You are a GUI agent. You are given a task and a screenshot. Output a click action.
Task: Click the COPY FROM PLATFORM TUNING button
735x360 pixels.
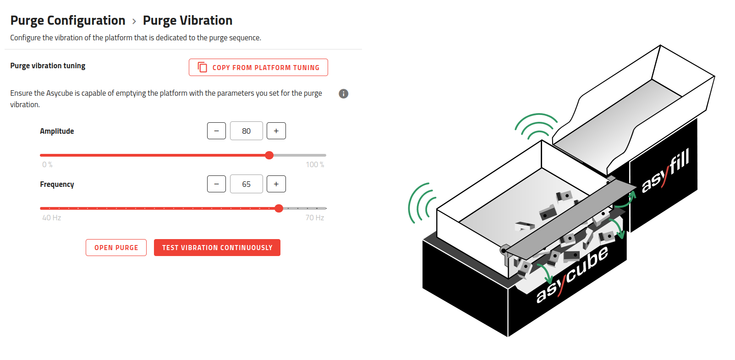pos(258,67)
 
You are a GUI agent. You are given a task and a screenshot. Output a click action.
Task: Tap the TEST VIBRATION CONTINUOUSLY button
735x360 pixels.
pos(217,248)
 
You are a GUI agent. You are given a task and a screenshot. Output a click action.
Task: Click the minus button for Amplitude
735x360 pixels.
pos(216,131)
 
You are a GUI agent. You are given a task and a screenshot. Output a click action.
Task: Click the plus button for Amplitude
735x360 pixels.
pos(276,131)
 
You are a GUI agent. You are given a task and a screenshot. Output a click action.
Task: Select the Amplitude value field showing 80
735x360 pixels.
pos(246,131)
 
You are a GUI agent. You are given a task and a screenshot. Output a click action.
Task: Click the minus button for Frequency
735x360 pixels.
pos(216,184)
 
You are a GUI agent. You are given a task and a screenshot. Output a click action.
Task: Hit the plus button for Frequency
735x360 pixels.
pos(276,184)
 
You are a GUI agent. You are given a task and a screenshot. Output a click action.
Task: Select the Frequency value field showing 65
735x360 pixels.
pos(246,184)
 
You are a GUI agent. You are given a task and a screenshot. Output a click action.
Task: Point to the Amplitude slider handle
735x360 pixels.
pos(269,155)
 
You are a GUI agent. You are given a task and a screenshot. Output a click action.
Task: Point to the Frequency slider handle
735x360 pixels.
pos(279,208)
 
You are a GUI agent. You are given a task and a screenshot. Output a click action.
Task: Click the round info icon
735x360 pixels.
pos(343,93)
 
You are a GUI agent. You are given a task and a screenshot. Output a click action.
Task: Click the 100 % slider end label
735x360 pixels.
pos(315,164)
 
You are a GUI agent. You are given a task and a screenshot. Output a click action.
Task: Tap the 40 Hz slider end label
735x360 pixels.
pos(51,218)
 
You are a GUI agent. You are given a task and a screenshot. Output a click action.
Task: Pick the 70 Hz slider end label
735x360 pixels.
pos(314,218)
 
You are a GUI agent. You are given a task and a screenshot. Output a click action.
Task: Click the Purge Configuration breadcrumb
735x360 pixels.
pos(68,21)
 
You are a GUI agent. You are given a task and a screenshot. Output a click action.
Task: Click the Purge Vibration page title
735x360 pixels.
pos(187,21)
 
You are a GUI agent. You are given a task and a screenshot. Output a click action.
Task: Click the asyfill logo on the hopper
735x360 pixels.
pos(665,171)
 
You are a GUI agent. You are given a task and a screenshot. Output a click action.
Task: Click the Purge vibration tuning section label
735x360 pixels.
pos(48,66)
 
